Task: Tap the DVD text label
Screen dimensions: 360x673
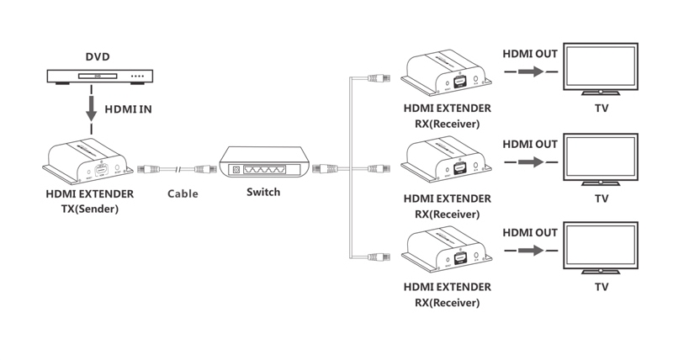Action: (x=98, y=58)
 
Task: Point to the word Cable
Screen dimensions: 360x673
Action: (x=183, y=193)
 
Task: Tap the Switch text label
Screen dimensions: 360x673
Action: (x=263, y=192)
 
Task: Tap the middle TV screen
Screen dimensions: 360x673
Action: (x=601, y=161)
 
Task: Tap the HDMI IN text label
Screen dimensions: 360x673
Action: (x=129, y=109)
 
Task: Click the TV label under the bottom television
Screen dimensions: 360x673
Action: (x=601, y=287)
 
